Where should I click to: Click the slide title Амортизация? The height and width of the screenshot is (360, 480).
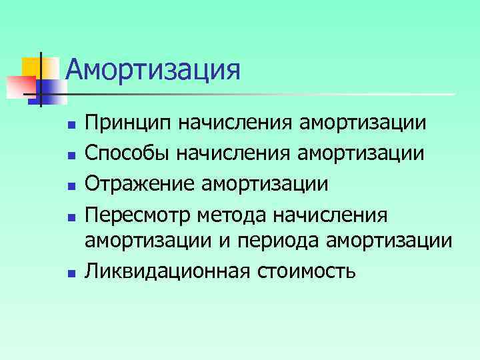[x=153, y=70]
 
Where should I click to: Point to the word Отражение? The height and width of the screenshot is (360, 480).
[x=136, y=183]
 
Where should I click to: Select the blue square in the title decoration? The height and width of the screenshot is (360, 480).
[x=51, y=91]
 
